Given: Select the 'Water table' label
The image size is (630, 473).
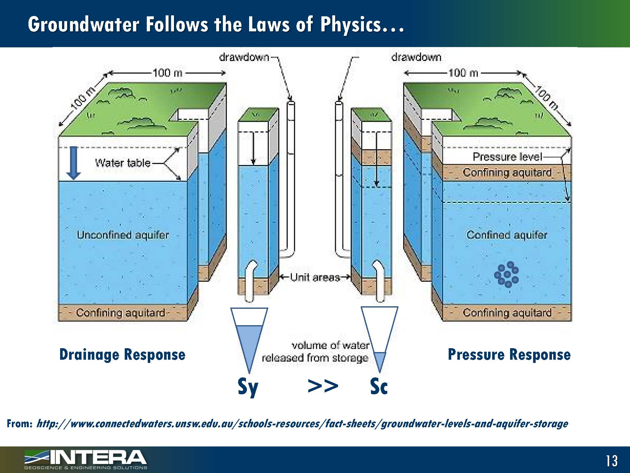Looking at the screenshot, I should coord(123,163).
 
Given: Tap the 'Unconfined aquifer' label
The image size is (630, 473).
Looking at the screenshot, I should coord(123,235).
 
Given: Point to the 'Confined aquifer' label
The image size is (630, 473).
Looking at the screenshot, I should coord(507,235).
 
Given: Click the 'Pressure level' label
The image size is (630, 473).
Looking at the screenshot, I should coord(507,157).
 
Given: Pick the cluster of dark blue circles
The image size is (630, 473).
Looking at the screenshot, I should coord(507,275).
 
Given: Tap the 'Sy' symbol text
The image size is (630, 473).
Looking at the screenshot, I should coord(248,387).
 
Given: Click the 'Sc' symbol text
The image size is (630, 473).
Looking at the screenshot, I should coord(379,386).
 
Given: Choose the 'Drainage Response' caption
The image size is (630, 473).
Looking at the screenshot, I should coord(122,355).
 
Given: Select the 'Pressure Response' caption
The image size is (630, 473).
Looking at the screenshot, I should coord(509,355).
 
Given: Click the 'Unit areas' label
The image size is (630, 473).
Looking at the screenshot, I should coord(315,277).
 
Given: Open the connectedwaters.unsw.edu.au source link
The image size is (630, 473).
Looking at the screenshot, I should coord(302,424).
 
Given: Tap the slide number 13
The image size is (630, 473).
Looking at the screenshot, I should coord(611,461).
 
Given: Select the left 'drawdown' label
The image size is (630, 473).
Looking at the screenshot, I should coord(244,58).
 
